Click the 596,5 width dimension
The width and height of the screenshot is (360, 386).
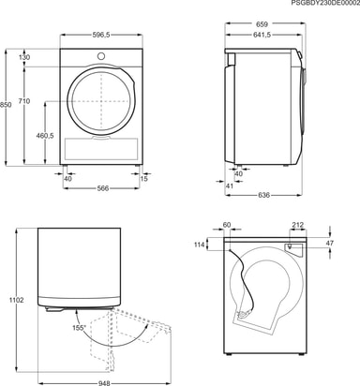click(101, 35)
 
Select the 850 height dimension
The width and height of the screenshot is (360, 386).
click(6, 105)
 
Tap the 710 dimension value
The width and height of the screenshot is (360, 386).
click(24, 101)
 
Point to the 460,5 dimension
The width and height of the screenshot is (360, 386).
click(45, 136)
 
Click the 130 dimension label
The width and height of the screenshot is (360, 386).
click(24, 57)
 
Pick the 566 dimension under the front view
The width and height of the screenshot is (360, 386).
click(102, 188)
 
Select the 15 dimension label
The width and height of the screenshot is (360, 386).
click(143, 179)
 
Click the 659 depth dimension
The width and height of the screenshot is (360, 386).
click(262, 24)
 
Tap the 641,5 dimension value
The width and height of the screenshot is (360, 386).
click(262, 35)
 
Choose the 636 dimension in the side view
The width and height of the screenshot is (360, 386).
click(263, 195)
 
